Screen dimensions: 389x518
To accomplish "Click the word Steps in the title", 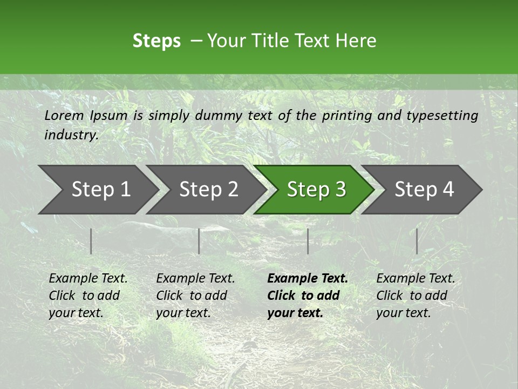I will (x=156, y=41).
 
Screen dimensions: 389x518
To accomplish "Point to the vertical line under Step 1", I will (x=91, y=241).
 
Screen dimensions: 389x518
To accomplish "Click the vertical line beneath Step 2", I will (x=199, y=241).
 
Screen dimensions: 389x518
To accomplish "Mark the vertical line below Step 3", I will (x=308, y=241).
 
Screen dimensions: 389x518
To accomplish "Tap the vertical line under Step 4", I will (x=417, y=241).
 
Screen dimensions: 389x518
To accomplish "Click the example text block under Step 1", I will (x=88, y=296).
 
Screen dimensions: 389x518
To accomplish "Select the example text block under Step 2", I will (x=195, y=296).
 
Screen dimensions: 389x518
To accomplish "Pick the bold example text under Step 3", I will (x=307, y=296).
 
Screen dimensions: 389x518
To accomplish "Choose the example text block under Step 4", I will (x=415, y=296).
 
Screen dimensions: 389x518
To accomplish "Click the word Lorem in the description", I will (x=64, y=115).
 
